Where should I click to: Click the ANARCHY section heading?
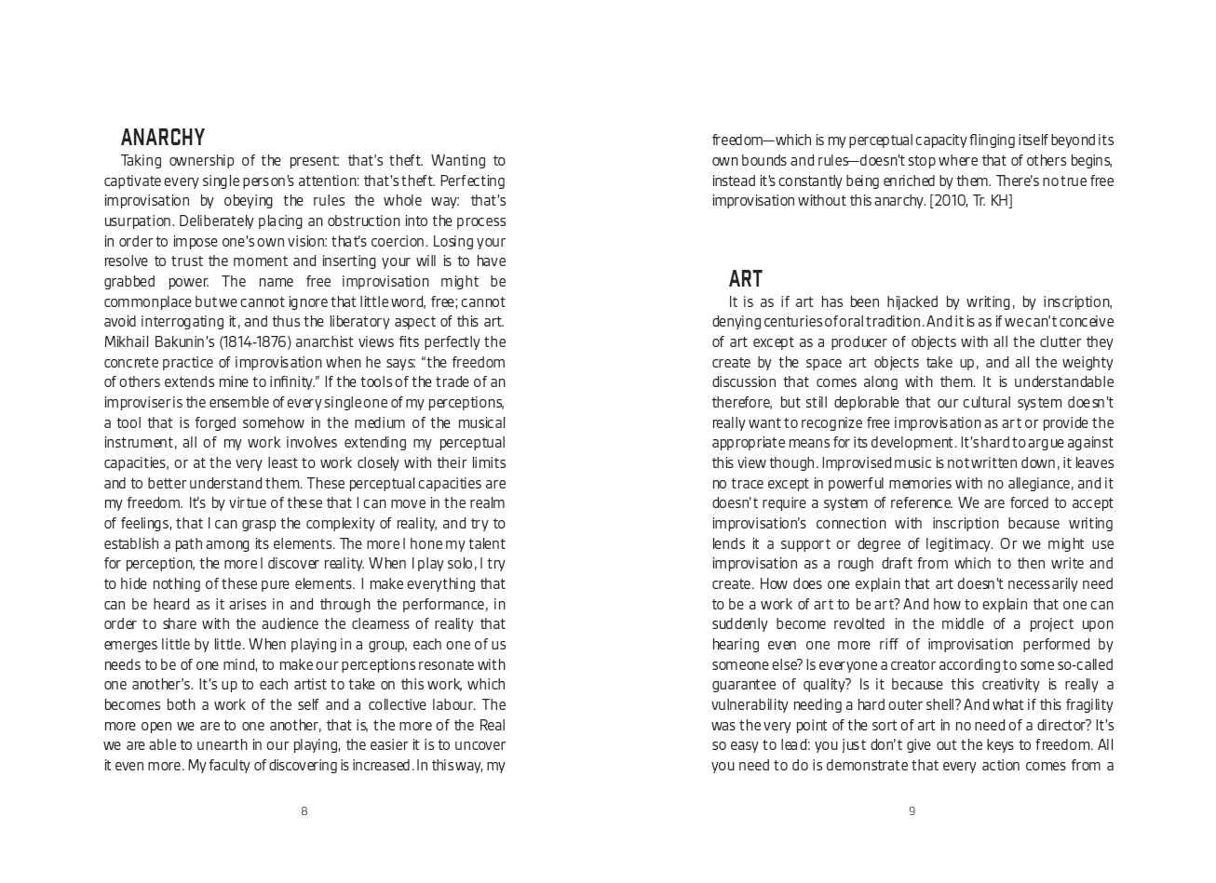163,138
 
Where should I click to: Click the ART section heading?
745,279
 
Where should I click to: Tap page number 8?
304,811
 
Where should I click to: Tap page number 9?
912,811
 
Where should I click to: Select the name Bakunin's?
185,341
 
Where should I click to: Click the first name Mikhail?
127,341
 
